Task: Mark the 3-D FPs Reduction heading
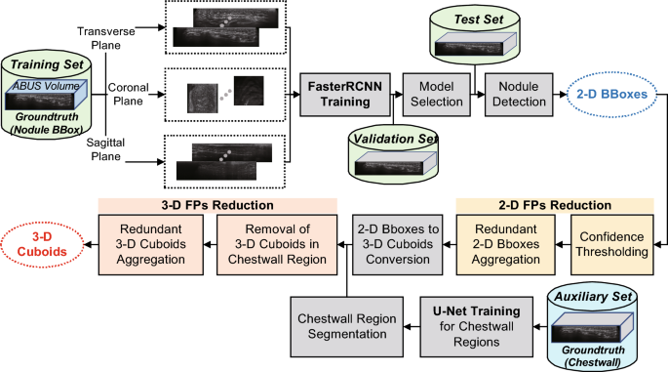pos(216,205)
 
